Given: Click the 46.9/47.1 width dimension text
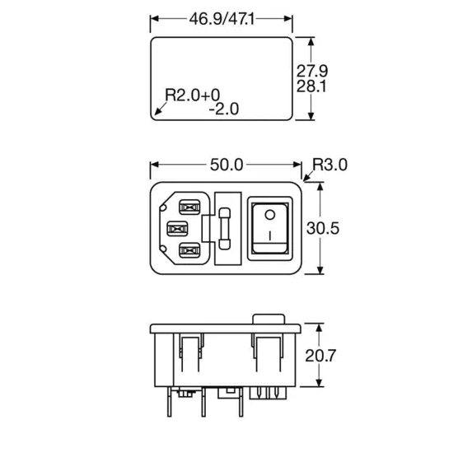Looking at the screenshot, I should pyautogui.click(x=221, y=18).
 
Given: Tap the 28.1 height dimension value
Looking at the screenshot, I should pyautogui.click(x=313, y=86).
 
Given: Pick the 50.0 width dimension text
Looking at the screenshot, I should pyautogui.click(x=227, y=165).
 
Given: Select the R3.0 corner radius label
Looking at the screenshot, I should pyautogui.click(x=330, y=165).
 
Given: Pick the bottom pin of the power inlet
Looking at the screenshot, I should pyautogui.click(x=189, y=250).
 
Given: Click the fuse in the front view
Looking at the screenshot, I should pyautogui.click(x=227, y=228).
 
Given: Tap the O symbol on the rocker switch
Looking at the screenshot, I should pyautogui.click(x=269, y=216).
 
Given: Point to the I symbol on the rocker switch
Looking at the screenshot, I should pyautogui.click(x=269, y=242).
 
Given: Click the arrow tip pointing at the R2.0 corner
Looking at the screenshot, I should pyautogui.click(x=154, y=114).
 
